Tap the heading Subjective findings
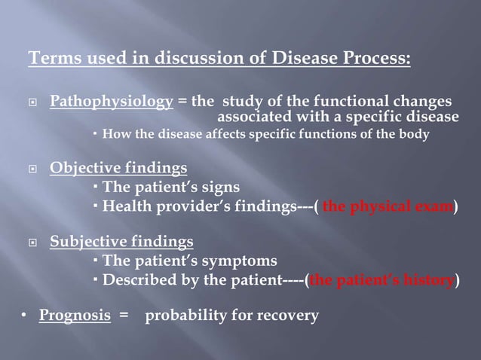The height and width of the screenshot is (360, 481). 121,242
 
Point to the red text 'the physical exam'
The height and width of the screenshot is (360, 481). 388,207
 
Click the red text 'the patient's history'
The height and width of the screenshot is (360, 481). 381,281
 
